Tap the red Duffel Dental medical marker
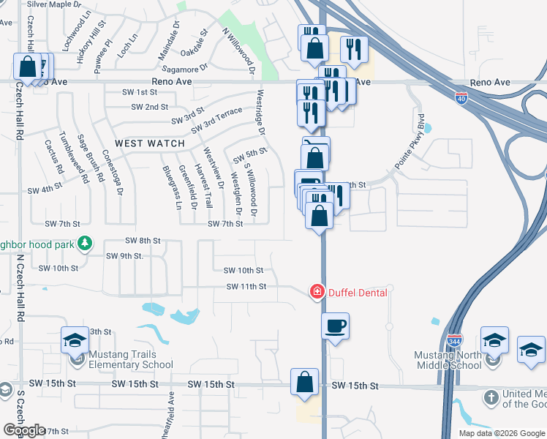317,292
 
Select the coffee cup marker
336,326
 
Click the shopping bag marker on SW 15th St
304,381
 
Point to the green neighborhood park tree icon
86,243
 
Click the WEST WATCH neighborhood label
150,143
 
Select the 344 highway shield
453,339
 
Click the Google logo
25,429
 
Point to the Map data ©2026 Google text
501,433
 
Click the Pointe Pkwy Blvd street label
409,142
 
